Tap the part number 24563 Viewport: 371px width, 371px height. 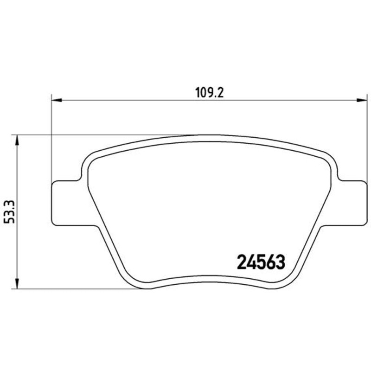[x=261, y=263]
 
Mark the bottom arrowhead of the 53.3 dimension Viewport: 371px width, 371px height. [x=17, y=285]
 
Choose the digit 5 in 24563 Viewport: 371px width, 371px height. [x=261, y=263]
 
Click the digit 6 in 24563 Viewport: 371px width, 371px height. [x=270, y=263]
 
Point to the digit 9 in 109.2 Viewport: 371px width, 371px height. [x=215, y=92]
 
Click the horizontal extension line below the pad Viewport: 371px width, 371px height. [x=70, y=289]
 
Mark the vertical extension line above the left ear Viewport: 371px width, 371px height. [x=51, y=139]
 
